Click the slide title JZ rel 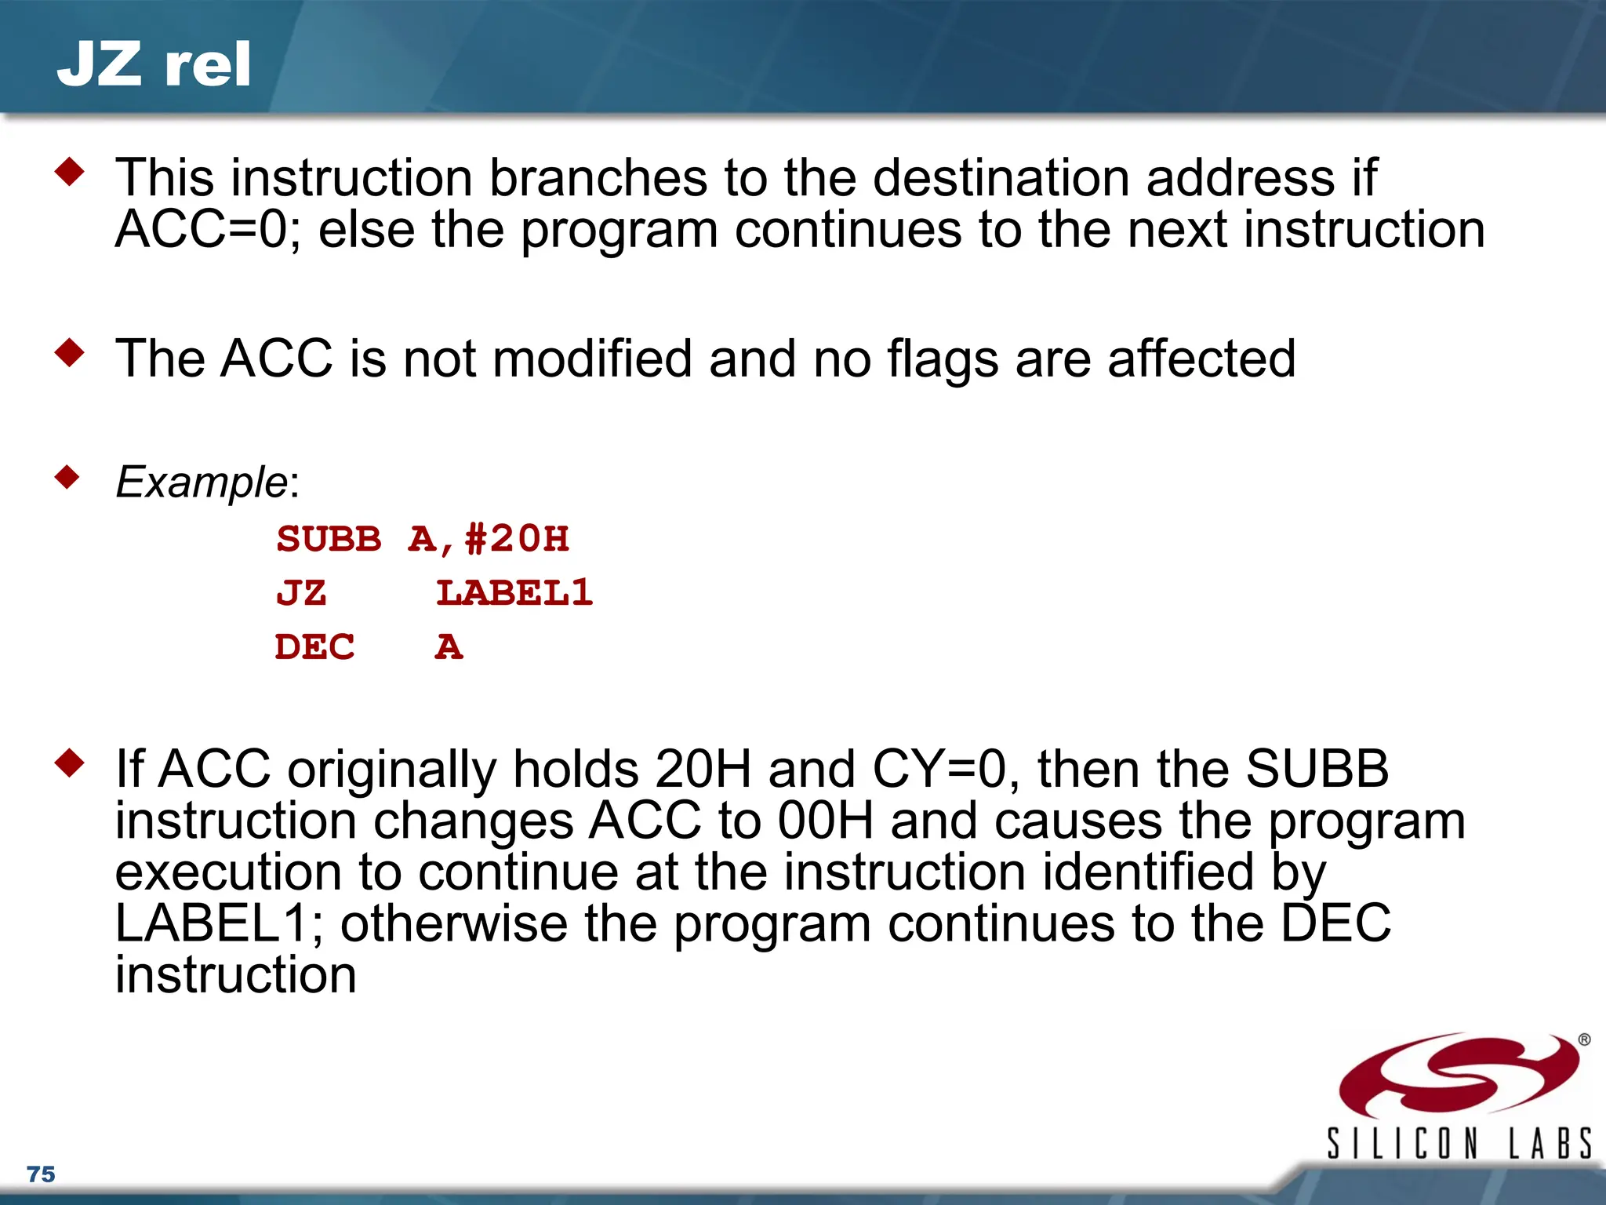tap(154, 64)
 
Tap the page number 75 tap(41, 1174)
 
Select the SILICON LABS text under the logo tap(1459, 1144)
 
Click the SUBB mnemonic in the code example tap(329, 539)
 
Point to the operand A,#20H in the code tap(489, 539)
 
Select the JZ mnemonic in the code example tap(300, 593)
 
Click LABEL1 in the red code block tap(514, 593)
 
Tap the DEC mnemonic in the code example tap(314, 647)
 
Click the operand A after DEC tap(449, 647)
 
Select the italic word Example tap(202, 482)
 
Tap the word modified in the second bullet tap(592, 359)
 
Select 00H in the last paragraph tap(825, 821)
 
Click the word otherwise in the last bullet tap(453, 923)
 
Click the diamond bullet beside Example tap(69, 476)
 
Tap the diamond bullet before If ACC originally tap(69, 763)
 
